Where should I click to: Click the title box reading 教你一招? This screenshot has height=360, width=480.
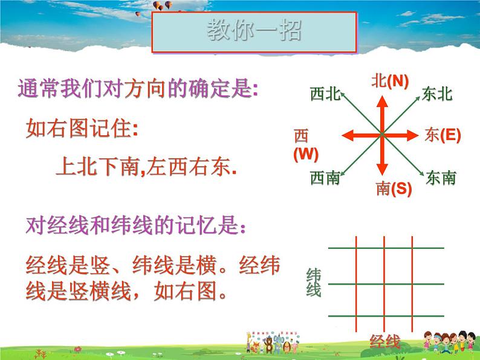tap(254, 31)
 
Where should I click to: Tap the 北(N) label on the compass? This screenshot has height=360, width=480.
tap(390, 81)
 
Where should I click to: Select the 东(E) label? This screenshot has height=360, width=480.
tap(443, 135)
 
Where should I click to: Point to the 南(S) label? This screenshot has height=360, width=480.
tap(393, 189)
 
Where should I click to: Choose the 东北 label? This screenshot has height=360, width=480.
tap(438, 94)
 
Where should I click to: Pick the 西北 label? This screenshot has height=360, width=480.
tap(325, 94)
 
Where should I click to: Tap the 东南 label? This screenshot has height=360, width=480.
tap(441, 178)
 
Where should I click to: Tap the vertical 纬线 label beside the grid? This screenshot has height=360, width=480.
tap(314, 282)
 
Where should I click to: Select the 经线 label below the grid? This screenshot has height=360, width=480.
tap(385, 342)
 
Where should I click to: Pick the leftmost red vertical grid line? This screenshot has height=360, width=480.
tap(355, 284)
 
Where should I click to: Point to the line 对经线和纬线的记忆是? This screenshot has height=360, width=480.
tap(137, 227)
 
